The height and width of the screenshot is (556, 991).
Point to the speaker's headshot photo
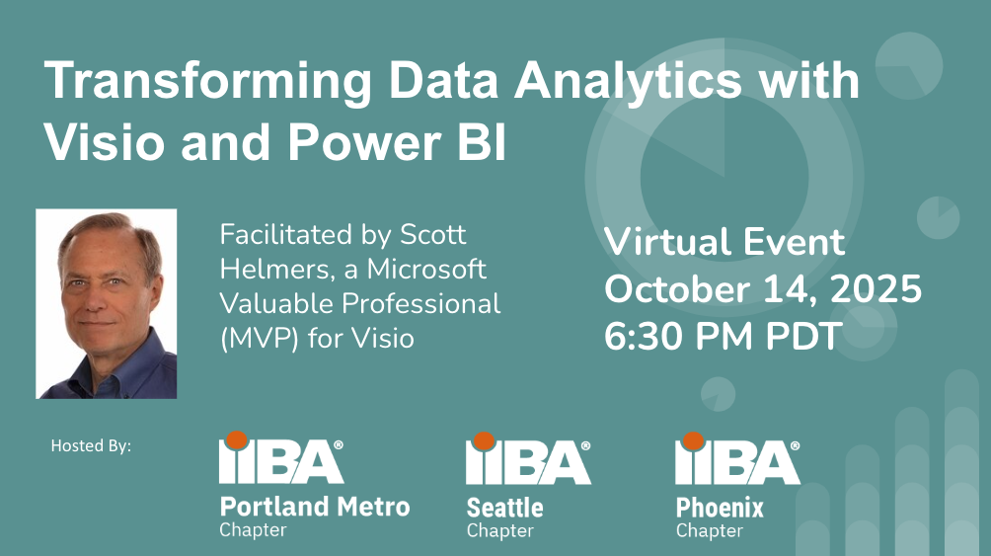(x=107, y=303)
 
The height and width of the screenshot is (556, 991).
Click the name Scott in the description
(x=433, y=235)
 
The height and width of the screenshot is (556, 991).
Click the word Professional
(x=421, y=303)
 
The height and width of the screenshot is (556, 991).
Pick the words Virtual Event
(x=724, y=242)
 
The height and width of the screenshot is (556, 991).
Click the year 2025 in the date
(x=876, y=288)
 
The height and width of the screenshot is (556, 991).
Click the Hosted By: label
(x=91, y=446)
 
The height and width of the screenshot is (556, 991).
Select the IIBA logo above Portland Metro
(x=281, y=458)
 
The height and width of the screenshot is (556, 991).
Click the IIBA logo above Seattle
(x=528, y=458)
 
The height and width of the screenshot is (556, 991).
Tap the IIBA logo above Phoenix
(x=737, y=458)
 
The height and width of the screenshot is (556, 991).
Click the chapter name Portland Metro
(x=315, y=507)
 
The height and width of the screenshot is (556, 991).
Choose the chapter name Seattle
(x=505, y=508)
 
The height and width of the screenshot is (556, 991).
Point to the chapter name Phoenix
(x=720, y=508)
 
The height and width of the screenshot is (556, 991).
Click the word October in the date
(x=677, y=288)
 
